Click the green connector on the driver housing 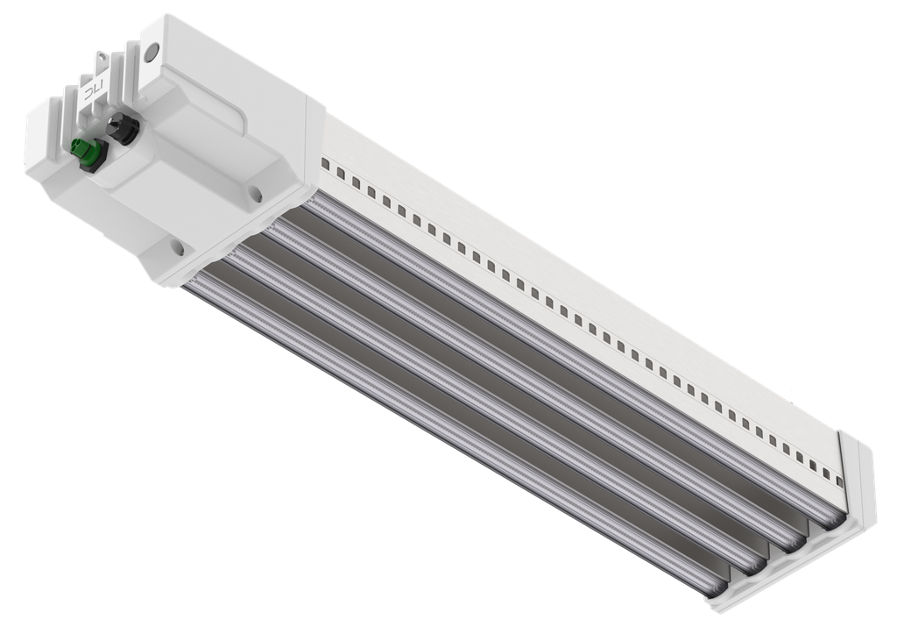87,153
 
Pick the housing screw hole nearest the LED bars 174,247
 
